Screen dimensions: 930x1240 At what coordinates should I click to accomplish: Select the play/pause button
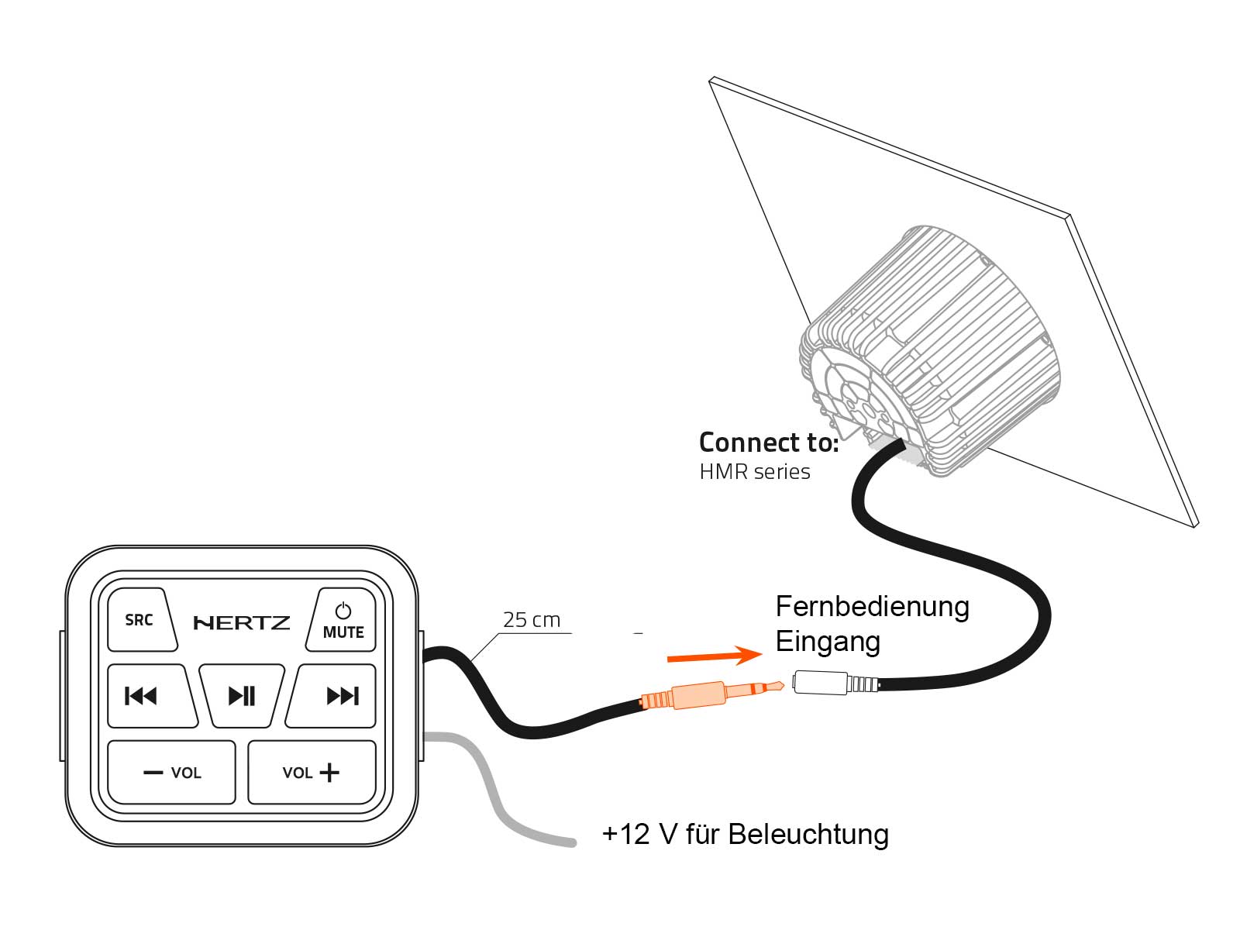[242, 696]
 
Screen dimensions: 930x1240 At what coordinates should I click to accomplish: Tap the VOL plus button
[312, 773]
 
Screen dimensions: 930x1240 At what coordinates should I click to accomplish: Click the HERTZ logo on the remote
[242, 622]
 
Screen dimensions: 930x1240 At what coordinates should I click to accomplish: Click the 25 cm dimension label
[531, 620]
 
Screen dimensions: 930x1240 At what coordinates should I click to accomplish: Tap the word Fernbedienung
[872, 607]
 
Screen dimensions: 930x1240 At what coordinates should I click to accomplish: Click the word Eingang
[828, 642]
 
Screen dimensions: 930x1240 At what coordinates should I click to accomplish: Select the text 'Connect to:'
[768, 443]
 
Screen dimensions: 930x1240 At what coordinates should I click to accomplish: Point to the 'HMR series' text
[754, 472]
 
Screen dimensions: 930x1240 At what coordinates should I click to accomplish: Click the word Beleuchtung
[808, 835]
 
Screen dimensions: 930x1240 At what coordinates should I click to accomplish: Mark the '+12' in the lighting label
[625, 835]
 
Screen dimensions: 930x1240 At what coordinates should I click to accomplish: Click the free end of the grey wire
[571, 842]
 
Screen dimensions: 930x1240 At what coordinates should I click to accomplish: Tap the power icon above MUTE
[343, 611]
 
